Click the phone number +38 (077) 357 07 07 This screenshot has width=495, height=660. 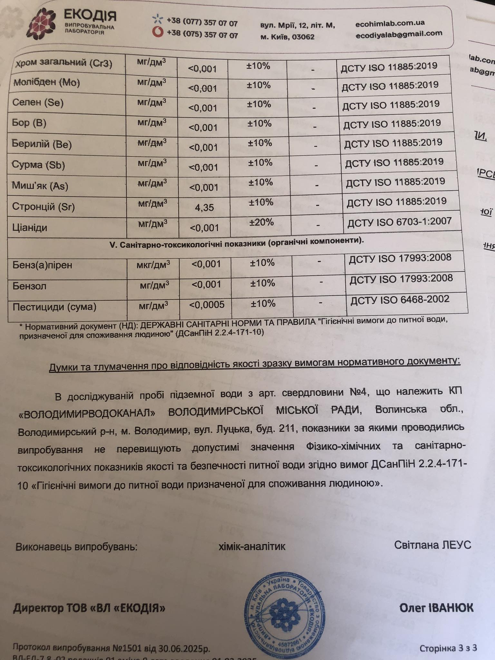pos(202,23)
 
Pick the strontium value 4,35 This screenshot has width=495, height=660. pos(204,208)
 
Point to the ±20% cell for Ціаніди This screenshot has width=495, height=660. pos(262,222)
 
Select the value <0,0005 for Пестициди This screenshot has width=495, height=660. pos(207,305)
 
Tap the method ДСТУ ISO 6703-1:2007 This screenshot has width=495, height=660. pos(400,222)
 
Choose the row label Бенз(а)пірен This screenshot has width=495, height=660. pos(42,265)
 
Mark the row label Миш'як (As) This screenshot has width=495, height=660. pos(40,186)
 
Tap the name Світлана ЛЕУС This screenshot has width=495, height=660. pos(432,545)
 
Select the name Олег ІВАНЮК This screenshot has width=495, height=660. pos(436,608)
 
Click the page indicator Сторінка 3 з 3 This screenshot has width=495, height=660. pos(448,648)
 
